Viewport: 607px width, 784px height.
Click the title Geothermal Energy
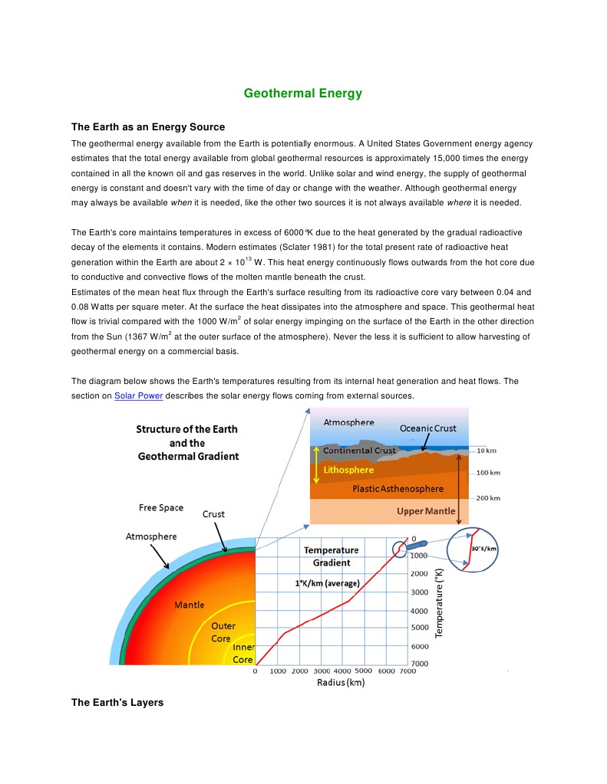pos(302,93)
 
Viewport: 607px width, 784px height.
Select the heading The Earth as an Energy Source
pos(147,126)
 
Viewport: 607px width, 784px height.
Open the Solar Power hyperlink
pos(138,396)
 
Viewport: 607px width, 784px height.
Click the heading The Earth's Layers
pos(117,702)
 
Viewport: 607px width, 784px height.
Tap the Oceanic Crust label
pos(427,428)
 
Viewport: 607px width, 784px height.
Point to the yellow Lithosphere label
pos(348,470)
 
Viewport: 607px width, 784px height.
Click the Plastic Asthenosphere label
pos(398,488)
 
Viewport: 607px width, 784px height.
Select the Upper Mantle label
pos(425,510)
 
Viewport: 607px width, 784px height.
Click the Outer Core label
pos(223,632)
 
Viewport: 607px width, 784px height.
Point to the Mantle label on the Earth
pos(189,605)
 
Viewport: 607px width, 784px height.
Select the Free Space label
pos(160,507)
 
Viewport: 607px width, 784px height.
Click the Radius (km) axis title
pos(341,683)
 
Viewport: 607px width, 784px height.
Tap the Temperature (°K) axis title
pos(440,602)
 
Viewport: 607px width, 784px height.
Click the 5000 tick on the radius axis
pos(363,671)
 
